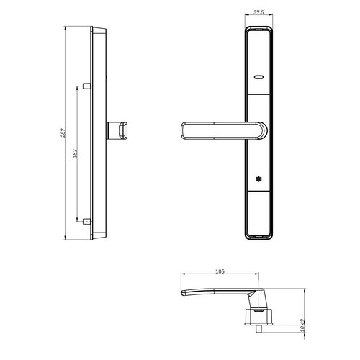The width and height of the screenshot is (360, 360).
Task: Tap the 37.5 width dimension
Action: [x=258, y=12]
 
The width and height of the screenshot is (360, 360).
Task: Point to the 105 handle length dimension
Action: [x=220, y=271]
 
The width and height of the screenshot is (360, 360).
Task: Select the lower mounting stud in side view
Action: [x=86, y=220]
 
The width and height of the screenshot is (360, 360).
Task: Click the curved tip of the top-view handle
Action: [x=186, y=292]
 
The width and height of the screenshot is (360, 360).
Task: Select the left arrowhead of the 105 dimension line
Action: [x=182, y=276]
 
